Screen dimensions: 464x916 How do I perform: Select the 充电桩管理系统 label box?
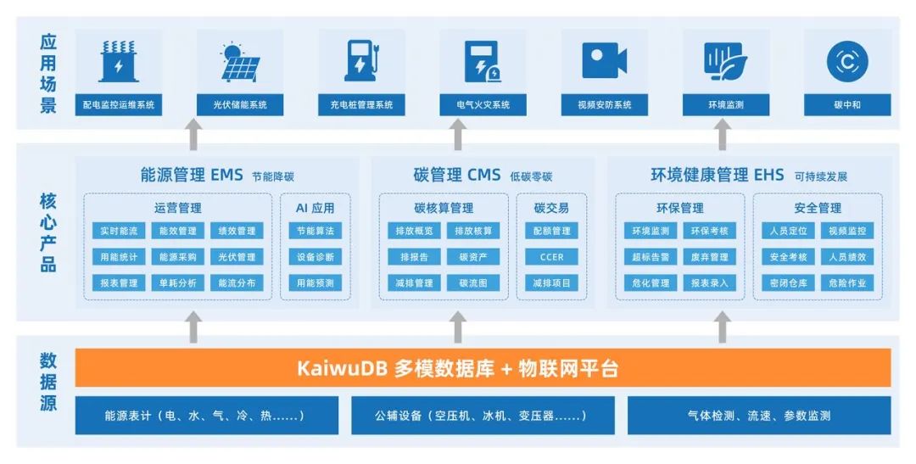coord(361,105)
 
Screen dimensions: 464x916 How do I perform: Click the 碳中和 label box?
coord(846,105)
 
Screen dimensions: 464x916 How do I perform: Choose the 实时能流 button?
coord(119,231)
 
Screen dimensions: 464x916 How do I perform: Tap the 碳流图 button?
coord(473,283)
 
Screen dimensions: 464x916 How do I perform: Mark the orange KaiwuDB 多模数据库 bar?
coord(483,368)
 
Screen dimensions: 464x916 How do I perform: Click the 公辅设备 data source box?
coord(471,416)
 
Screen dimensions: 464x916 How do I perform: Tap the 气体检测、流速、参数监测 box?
coord(759,416)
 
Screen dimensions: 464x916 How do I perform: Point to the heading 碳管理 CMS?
coord(457,176)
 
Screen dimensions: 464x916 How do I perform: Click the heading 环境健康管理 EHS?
coord(717,176)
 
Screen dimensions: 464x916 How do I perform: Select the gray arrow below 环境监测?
coord(722,134)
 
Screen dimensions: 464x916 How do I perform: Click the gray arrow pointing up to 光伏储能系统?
coord(194,134)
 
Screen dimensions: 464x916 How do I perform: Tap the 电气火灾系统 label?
coord(483,105)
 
